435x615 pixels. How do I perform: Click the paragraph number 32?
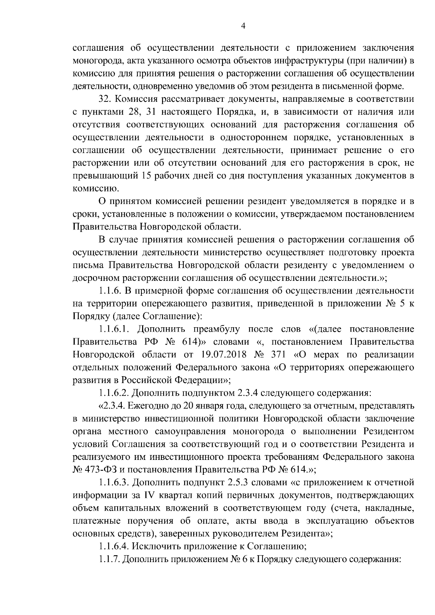(104, 99)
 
